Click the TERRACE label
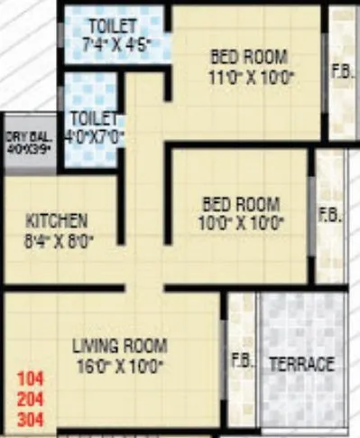pos(302,365)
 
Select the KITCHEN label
pos(57,219)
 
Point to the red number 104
pos(29,379)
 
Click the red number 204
pos(29,398)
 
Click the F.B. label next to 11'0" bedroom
pos(342,71)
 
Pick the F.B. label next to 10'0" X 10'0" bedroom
pos(328,215)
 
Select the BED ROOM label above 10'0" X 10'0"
pos(242,203)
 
